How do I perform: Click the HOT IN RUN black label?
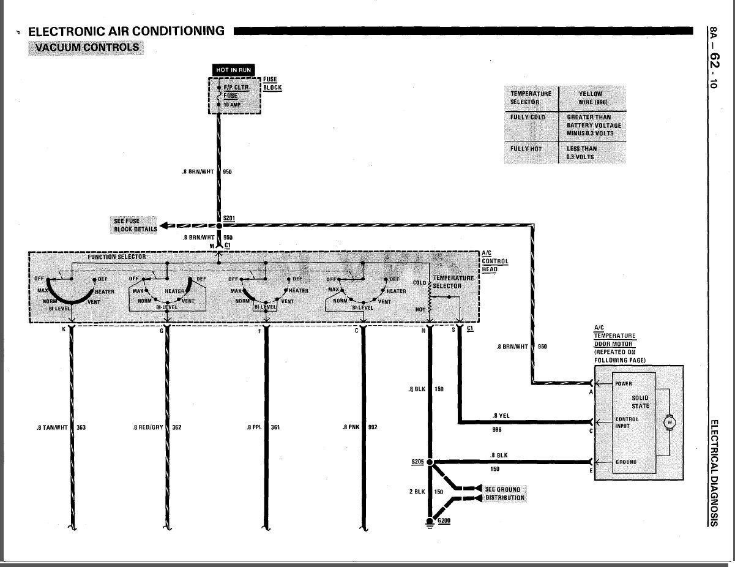pyautogui.click(x=234, y=70)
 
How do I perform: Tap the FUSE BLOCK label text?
pyautogui.click(x=272, y=84)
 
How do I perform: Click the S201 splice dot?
pyautogui.click(x=219, y=225)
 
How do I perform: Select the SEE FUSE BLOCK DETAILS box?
pyautogui.click(x=135, y=225)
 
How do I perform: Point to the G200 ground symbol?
pyautogui.click(x=430, y=522)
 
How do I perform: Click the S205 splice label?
pyautogui.click(x=417, y=462)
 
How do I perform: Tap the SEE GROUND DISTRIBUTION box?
pyautogui.click(x=504, y=494)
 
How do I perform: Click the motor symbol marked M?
pyautogui.click(x=670, y=422)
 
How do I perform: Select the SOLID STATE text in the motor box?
pyautogui.click(x=640, y=402)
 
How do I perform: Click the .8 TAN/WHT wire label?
pyautogui.click(x=52, y=427)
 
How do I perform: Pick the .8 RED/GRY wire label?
pyautogui.click(x=148, y=427)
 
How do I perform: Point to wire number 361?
pyautogui.click(x=275, y=427)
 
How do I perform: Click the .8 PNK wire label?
pyautogui.click(x=351, y=427)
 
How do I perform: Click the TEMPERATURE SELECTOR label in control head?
pyautogui.click(x=453, y=282)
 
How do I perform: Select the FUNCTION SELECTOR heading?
pyautogui.click(x=117, y=257)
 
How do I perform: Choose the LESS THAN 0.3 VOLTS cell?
pyautogui.click(x=581, y=153)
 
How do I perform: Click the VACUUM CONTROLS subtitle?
pyautogui.click(x=86, y=48)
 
